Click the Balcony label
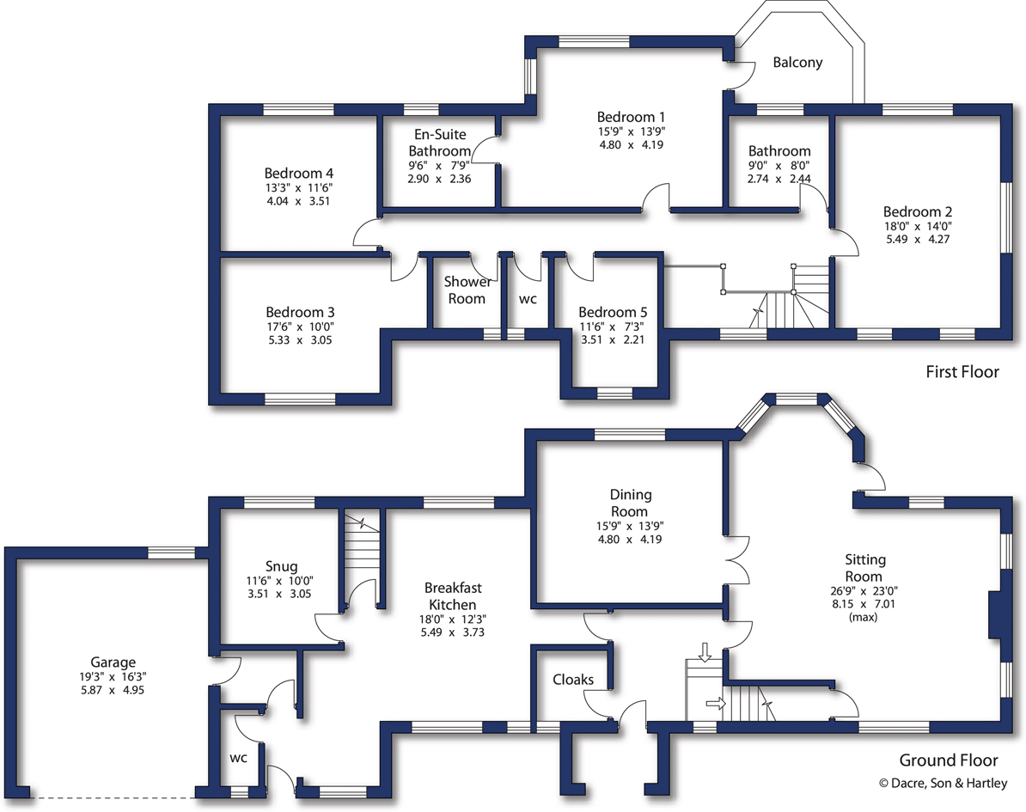[797, 63]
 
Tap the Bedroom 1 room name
[632, 117]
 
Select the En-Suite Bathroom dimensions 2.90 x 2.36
[439, 179]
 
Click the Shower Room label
[468, 290]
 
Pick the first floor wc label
[528, 299]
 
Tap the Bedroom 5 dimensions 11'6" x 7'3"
[612, 327]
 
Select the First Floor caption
[962, 372]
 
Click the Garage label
[113, 662]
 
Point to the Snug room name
[282, 566]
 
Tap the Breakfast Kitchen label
[453, 596]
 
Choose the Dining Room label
[631, 503]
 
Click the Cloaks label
[573, 680]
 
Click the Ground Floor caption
[948, 760]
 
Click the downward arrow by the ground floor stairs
[705, 652]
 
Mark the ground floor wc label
[238, 759]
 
